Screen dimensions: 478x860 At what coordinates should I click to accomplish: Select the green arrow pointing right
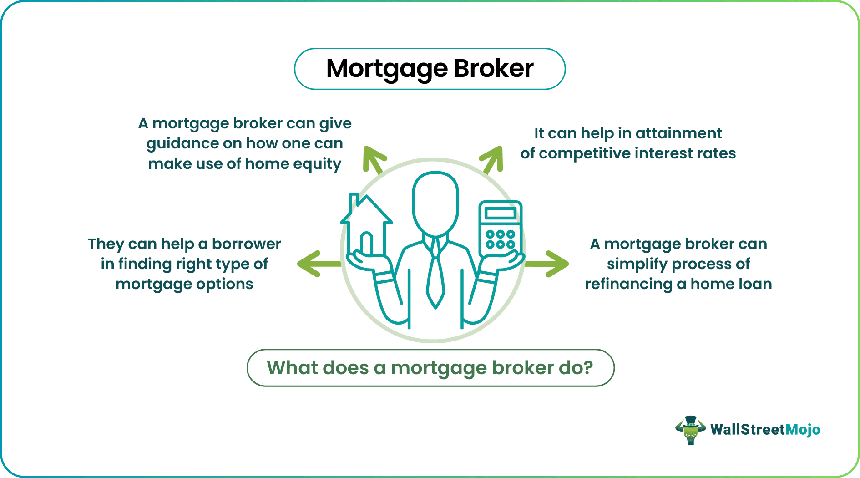(x=549, y=264)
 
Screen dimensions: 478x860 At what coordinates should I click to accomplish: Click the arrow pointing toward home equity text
(x=374, y=159)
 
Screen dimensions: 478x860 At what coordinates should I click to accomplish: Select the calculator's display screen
(x=500, y=213)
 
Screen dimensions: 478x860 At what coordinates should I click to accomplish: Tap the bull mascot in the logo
(x=690, y=430)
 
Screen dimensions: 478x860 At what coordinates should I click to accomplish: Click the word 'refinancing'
(x=628, y=284)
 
